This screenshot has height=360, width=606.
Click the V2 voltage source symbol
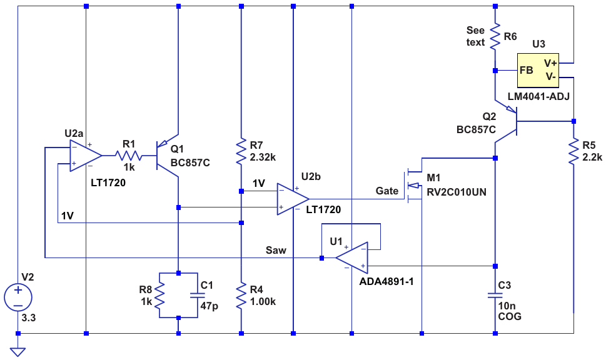coord(18,297)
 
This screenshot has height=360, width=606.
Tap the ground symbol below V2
coord(18,352)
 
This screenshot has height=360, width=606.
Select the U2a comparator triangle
coord(86,156)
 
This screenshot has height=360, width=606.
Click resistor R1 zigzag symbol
coord(128,156)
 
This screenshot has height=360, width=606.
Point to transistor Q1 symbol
coord(167,156)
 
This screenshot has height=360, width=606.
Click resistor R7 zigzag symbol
coord(241,151)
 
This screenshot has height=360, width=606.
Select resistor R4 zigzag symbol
coord(241,296)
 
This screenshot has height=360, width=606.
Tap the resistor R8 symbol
coord(159,296)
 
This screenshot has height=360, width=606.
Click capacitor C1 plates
coord(198,296)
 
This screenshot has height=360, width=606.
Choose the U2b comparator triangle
coord(293,199)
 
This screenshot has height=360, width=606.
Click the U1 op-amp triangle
coord(351,257)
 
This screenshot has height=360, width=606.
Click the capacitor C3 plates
coord(495,296)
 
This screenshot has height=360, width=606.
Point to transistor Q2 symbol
coord(507,121)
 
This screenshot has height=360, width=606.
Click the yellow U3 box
coord(538,70)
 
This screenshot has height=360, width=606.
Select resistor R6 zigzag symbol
coord(495,37)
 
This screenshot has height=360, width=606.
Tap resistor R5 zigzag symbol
coord(573,151)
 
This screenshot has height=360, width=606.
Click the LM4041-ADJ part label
coord(538,96)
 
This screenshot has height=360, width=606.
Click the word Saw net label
coord(276,250)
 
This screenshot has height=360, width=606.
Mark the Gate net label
coord(387,191)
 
